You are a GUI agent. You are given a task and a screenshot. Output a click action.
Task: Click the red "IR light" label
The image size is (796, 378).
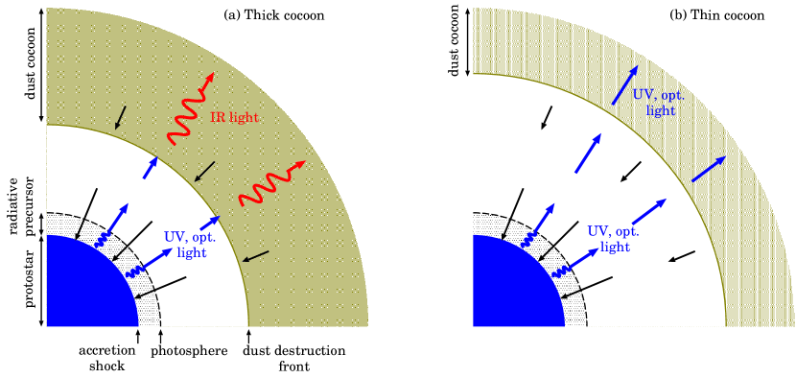tap(235, 117)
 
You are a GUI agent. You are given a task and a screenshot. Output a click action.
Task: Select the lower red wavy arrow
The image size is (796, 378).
tap(271, 183)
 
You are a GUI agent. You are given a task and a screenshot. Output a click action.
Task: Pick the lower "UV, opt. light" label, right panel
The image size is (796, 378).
tap(614, 239)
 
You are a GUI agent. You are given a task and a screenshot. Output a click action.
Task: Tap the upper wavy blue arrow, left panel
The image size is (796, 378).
tap(113, 226)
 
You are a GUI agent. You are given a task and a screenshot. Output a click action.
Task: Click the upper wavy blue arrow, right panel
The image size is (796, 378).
tap(541, 226)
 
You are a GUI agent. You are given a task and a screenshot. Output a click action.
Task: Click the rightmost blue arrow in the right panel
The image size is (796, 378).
tap(709, 168)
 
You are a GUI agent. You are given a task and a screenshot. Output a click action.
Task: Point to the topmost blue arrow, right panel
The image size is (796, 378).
tap(622, 84)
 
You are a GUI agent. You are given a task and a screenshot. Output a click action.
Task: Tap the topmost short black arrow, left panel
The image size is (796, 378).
tap(120, 117)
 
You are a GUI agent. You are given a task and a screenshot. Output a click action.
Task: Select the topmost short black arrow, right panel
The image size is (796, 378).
tap(547, 117)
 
